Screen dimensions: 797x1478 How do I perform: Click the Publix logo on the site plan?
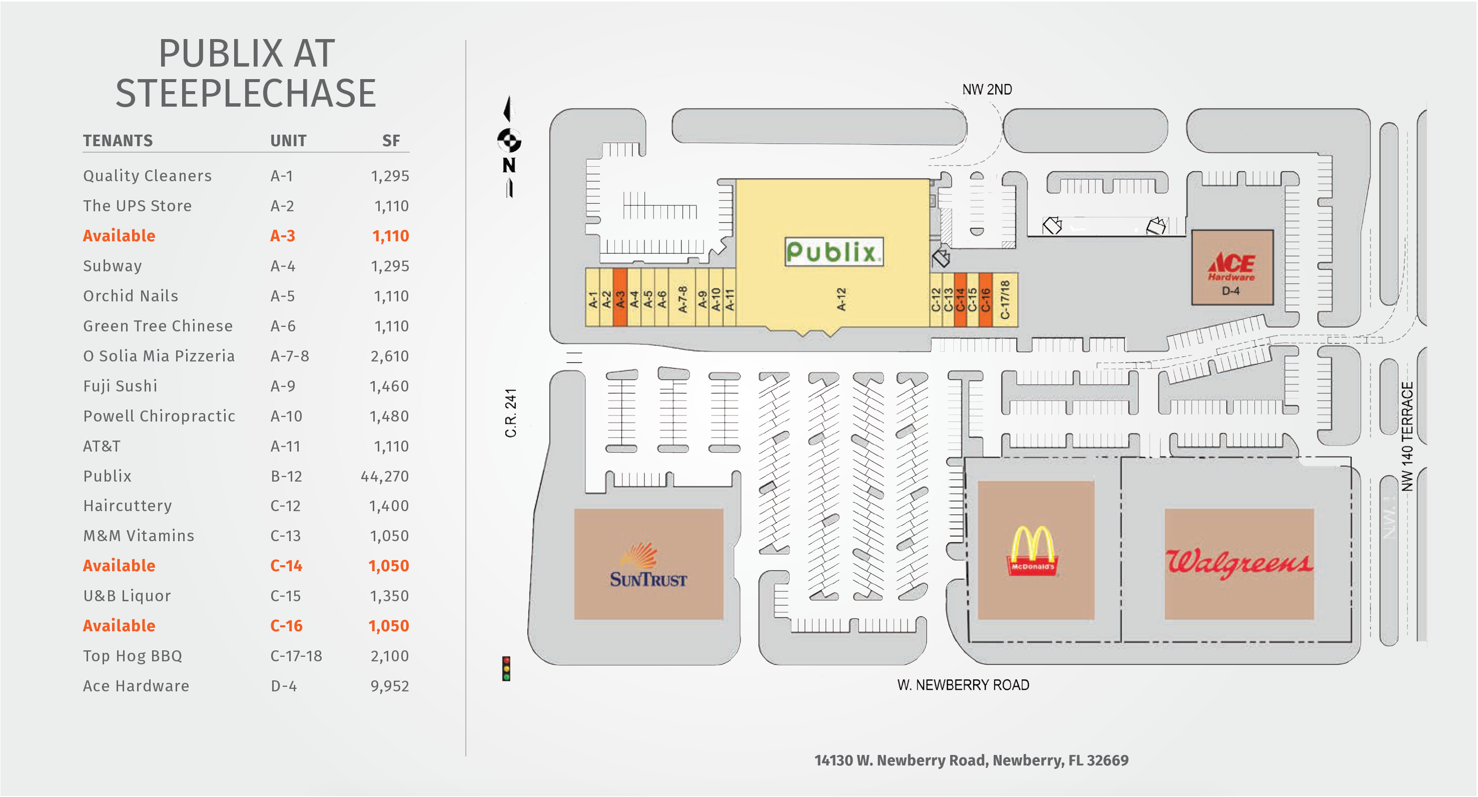pyautogui.click(x=834, y=251)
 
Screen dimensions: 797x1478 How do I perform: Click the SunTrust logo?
pyautogui.click(x=648, y=565)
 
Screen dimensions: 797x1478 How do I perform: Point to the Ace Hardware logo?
pyautogui.click(x=1231, y=266)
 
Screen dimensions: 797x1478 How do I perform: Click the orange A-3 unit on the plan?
pyautogui.click(x=619, y=297)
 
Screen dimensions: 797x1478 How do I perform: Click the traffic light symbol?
pyautogui.click(x=506, y=668)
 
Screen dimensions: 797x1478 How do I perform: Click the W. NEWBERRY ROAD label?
pyautogui.click(x=963, y=685)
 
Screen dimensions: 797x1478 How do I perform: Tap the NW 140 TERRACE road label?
pyautogui.click(x=1407, y=437)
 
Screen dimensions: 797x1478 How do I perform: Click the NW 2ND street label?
pyautogui.click(x=987, y=90)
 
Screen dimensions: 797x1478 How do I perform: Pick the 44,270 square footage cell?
pyautogui.click(x=384, y=476)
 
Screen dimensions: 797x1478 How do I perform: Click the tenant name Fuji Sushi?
pyautogui.click(x=120, y=386)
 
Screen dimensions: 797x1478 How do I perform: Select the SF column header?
pyautogui.click(x=391, y=141)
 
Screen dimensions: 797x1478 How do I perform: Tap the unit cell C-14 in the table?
pyautogui.click(x=286, y=566)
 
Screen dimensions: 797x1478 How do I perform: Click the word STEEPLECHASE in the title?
pyautogui.click(x=246, y=93)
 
